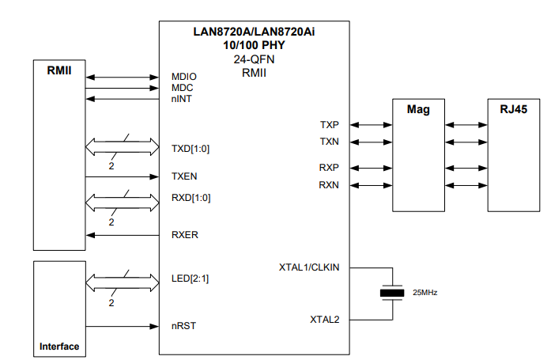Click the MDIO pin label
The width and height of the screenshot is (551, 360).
tap(183, 78)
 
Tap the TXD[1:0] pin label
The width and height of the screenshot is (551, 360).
tap(191, 148)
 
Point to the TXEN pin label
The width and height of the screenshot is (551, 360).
tap(184, 176)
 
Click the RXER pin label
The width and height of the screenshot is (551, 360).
tap(184, 235)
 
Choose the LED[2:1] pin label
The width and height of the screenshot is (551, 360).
tap(191, 279)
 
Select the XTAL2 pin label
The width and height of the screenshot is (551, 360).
tap(324, 320)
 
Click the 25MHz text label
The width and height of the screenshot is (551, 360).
tap(425, 293)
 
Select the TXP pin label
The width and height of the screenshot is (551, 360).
tap(330, 125)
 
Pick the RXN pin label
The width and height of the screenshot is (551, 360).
tap(330, 185)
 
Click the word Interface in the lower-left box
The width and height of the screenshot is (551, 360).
tap(59, 347)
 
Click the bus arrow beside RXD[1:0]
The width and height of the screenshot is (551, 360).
tap(123, 198)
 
